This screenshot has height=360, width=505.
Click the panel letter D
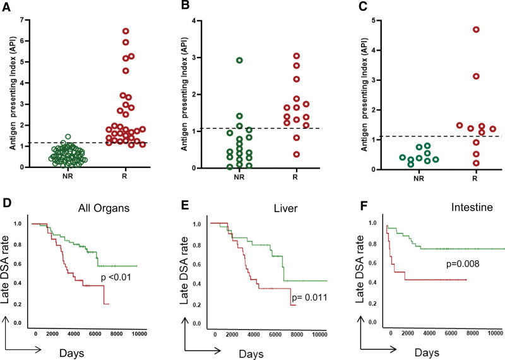[7, 205]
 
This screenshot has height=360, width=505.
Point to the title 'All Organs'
[104, 208]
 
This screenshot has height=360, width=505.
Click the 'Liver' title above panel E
[286, 208]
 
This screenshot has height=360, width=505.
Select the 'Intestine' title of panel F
[472, 207]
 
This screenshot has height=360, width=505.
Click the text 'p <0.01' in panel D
[116, 277]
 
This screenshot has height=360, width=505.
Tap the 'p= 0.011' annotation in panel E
[309, 297]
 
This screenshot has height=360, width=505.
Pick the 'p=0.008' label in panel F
[463, 264]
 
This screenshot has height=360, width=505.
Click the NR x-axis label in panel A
[68, 177]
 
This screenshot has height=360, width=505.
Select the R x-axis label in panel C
[475, 178]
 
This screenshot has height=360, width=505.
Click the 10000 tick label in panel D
[138, 333]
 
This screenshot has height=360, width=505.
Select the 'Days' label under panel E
[251, 354]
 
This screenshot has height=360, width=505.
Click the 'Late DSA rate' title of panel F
[360, 269]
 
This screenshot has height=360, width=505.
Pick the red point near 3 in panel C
[476, 76]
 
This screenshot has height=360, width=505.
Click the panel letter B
[185, 5]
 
